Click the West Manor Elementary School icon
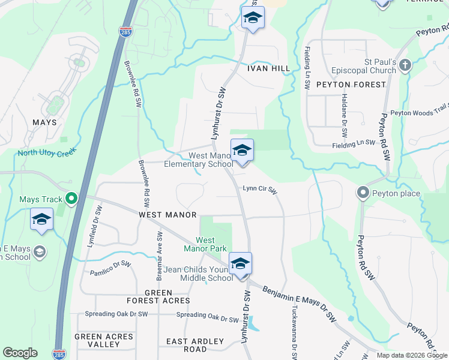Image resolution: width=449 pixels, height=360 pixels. [242, 151]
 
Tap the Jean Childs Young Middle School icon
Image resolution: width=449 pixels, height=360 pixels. [240, 264]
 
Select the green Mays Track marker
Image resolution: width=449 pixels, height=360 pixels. [71, 199]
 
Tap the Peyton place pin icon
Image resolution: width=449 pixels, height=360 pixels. [363, 193]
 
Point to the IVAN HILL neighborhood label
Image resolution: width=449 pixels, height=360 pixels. [268, 68]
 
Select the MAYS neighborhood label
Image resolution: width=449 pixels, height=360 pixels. [44, 122]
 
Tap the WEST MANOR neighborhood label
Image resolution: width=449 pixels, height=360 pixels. [167, 214]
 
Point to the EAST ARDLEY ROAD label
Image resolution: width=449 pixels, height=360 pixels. [195, 345]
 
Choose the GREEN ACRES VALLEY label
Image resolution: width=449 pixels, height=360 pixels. [104, 340]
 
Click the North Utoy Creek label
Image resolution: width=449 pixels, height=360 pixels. [45, 152]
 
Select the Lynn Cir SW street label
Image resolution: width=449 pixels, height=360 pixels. [259, 189]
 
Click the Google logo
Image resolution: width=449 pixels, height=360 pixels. [20, 353]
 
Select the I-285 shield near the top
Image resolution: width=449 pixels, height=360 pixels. [125, 32]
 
